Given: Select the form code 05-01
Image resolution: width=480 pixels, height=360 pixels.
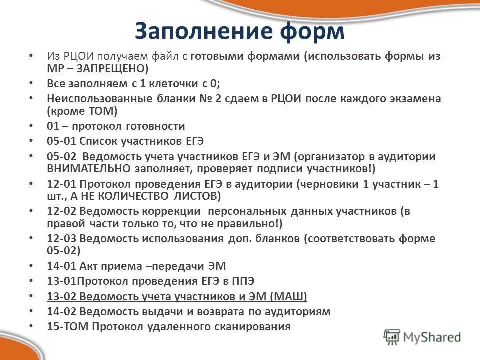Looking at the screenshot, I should point(61,141).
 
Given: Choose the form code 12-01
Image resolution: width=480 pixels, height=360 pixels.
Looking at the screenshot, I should point(61,184).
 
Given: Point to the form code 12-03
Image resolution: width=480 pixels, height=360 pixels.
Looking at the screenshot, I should point(61,238).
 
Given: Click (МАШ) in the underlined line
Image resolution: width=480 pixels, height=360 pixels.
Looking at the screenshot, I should point(288,297).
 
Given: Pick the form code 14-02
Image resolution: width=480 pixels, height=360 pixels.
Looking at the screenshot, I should point(61,312).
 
